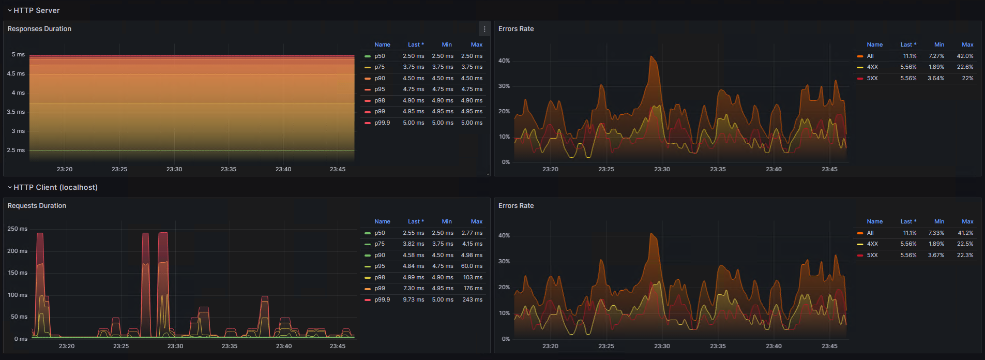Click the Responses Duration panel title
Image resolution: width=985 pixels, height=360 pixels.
click(39, 29)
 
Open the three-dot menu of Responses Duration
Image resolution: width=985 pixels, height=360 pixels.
click(484, 29)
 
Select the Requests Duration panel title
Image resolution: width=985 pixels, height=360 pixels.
click(37, 206)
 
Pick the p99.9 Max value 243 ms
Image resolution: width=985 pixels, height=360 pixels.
click(472, 299)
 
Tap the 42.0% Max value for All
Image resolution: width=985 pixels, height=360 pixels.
click(965, 56)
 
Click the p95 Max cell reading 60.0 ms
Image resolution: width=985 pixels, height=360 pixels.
click(472, 266)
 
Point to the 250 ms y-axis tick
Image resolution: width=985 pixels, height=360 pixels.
click(17, 229)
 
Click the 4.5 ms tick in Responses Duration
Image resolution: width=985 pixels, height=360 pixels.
click(16, 73)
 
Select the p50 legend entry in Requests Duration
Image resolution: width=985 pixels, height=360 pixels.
click(380, 233)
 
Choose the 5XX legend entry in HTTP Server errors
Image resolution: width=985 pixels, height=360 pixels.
click(872, 78)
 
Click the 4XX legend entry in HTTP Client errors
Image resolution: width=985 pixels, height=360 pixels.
click(872, 244)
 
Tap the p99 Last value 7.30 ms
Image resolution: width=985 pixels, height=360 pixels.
click(414, 289)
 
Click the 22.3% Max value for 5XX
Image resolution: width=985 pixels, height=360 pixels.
click(965, 255)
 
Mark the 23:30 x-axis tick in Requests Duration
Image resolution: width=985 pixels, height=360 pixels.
click(175, 346)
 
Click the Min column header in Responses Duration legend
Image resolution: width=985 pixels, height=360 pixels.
click(447, 45)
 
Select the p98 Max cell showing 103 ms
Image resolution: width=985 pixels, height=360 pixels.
click(473, 277)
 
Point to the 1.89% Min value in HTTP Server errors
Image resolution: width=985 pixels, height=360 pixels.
click(936, 67)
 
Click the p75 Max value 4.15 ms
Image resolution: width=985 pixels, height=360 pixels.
click(472, 244)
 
